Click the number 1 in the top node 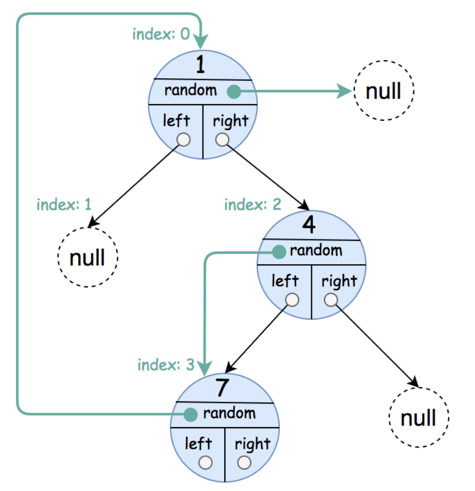(x=201, y=64)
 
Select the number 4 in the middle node (x=309, y=225)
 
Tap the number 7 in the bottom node (x=222, y=388)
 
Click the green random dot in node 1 (x=234, y=91)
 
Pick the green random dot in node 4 (x=279, y=252)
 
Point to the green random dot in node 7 (x=190, y=414)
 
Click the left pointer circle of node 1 (x=183, y=139)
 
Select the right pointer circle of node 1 (x=222, y=139)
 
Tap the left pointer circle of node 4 (x=292, y=299)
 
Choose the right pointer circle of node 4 (x=331, y=299)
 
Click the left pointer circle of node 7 (x=206, y=462)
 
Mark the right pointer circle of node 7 (x=244, y=462)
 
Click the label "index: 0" (x=161, y=34)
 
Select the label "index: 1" (x=64, y=204)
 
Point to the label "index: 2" (x=253, y=204)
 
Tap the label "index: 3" (x=166, y=365)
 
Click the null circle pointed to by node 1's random (x=384, y=90)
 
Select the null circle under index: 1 (x=88, y=257)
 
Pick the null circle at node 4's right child (x=419, y=417)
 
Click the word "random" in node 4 (x=316, y=250)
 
